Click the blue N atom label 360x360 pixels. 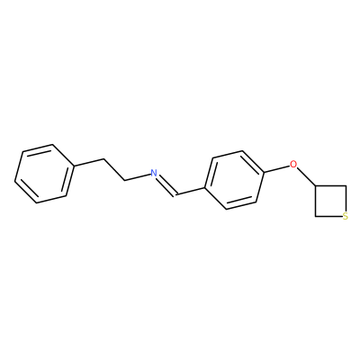pos(154,173)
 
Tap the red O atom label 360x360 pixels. pos(293,165)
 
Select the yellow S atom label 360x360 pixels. pos(346,216)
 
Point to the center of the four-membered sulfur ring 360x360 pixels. pos(330,201)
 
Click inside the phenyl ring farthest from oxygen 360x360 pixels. pos(44,174)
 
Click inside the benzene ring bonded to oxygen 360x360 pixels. pos(235,180)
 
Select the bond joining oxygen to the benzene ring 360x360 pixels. pos(276,168)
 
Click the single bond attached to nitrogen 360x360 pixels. pos(138,177)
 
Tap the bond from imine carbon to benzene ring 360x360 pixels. pos(191,192)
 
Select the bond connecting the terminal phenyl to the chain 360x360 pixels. pos(88,162)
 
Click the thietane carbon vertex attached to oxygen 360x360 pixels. pos(315,186)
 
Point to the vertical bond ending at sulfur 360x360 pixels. pos(346,199)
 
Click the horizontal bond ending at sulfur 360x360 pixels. pos(328,216)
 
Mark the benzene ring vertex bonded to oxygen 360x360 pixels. pos(264,172)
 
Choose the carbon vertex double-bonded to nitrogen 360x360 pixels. pos(176,195)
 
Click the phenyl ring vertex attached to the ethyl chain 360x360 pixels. pos(74,166)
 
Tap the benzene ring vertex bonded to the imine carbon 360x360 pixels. pos(205,188)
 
